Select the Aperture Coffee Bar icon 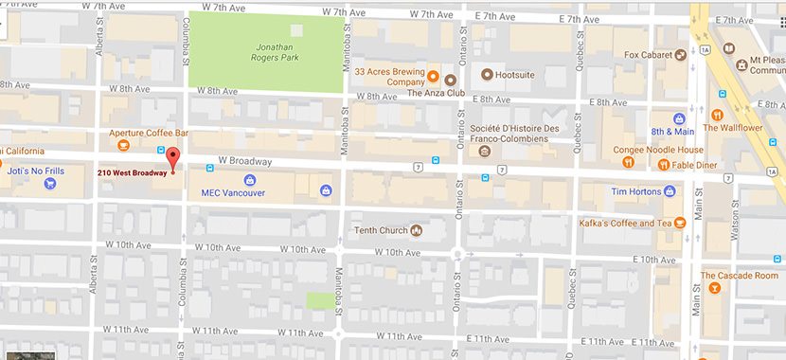click(122, 146)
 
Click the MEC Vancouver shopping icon click(249, 179)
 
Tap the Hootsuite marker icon click(488, 75)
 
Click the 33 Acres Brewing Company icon click(431, 75)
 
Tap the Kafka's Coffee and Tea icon click(678, 224)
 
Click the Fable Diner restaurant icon click(664, 164)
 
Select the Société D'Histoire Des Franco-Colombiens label click(509, 133)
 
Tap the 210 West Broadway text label click(132, 172)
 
